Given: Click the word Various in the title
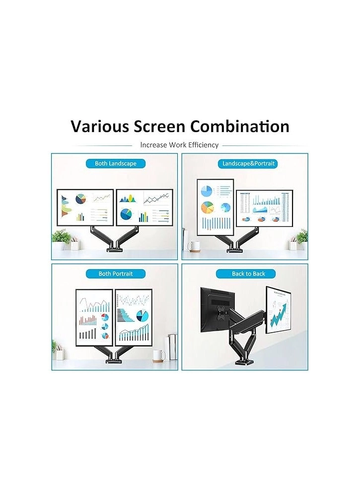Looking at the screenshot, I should coord(99,126).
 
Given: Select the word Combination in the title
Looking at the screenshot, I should coord(240,126).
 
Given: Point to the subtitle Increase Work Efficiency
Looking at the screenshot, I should coord(179,145).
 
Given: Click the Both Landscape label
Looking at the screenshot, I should coord(115,163).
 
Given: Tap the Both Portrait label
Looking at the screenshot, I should coord(115,274).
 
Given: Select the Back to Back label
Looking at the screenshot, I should coord(248,274).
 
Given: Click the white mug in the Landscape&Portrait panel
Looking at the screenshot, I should coord(193,246).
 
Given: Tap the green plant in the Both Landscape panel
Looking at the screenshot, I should coord(60,236).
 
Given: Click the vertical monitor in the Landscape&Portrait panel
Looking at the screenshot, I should coord(215,207).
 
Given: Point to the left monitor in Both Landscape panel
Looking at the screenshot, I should coord(85,207).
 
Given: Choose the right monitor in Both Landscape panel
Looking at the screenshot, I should coord(144,207).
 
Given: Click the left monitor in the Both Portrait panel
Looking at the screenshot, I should coord(94,317).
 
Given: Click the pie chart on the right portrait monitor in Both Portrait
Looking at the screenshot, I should coord(142,316).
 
